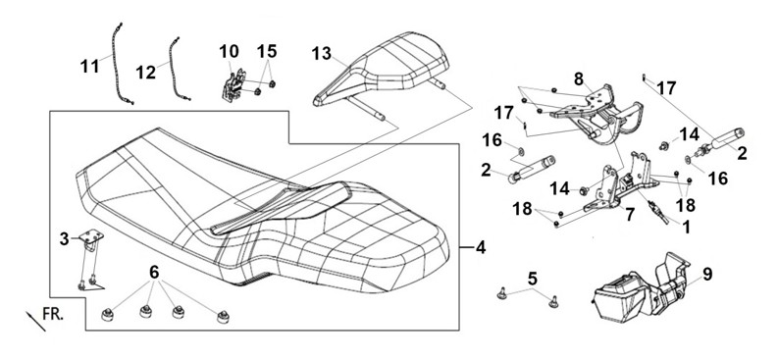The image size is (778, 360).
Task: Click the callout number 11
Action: tap(90, 66)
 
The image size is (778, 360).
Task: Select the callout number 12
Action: tap(146, 73)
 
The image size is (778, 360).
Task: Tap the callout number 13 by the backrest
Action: tap(322, 53)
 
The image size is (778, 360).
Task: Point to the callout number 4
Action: tap(480, 247)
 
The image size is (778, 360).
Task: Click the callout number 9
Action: tap(707, 274)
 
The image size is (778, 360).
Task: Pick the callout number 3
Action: tap(65, 239)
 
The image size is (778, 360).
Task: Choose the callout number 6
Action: tap(154, 273)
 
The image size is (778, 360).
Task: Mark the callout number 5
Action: tap(532, 279)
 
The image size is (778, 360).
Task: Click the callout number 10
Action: tap(229, 51)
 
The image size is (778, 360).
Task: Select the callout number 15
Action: tap(267, 51)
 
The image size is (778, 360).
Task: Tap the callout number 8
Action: tap(578, 79)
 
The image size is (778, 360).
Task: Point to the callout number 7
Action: tap(630, 215)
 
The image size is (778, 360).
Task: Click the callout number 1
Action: tap(686, 228)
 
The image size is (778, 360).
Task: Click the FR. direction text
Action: tap(53, 313)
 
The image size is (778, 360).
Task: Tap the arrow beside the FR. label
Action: tap(35, 322)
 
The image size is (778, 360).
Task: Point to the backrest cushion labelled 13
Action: tap(382, 70)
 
